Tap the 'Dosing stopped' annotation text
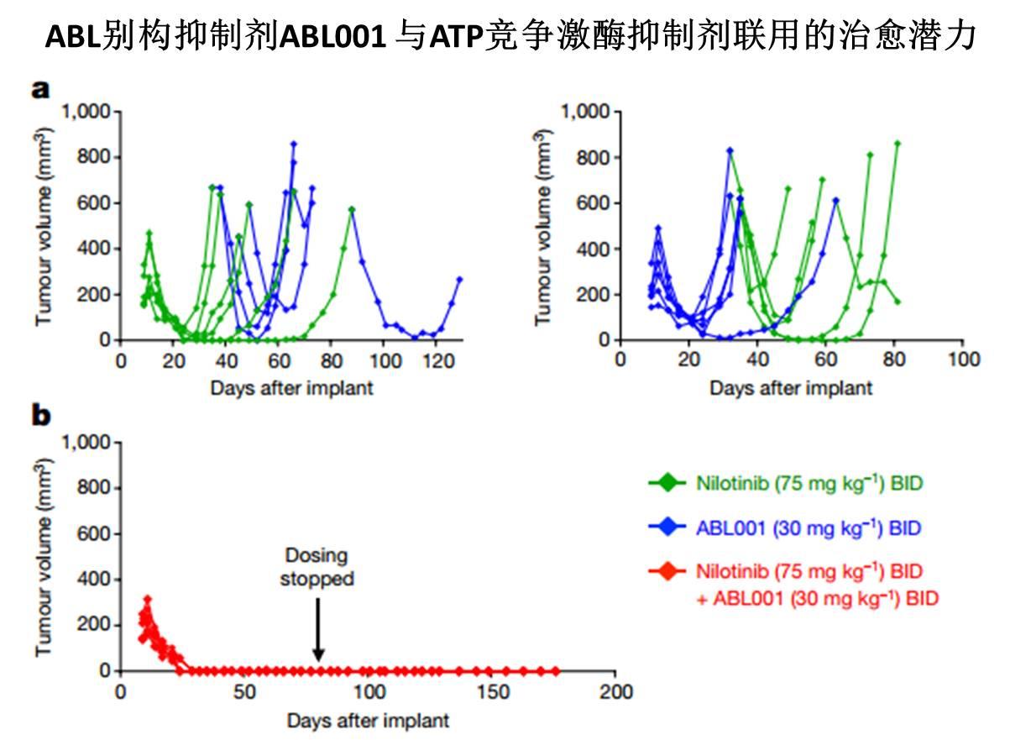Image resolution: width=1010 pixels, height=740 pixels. (317, 568)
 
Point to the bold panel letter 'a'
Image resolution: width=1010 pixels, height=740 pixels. (40, 89)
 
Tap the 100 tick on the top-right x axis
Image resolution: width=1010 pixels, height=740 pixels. (964, 360)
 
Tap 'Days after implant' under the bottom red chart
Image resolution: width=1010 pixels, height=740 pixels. (368, 720)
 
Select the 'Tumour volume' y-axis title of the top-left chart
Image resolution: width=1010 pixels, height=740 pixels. (44, 227)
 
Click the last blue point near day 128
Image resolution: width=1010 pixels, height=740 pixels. (459, 280)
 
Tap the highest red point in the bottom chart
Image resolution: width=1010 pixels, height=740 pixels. (147, 600)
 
